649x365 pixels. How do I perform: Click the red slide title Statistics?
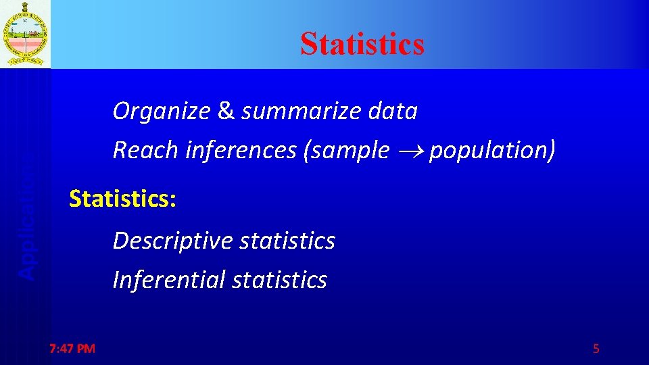pos(362,43)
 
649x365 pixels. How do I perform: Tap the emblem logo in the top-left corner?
pos(25,34)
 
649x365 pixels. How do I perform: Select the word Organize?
pos(162,111)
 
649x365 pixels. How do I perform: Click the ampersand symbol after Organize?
pos(226,111)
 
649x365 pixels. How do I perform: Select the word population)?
pos(492,150)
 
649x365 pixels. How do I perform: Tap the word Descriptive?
pos(168,241)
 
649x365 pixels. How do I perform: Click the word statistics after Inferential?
pos(279,280)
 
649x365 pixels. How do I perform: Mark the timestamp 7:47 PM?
pos(72,349)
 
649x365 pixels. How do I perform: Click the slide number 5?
pos(596,349)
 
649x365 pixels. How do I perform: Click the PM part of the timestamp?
pos(87,349)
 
